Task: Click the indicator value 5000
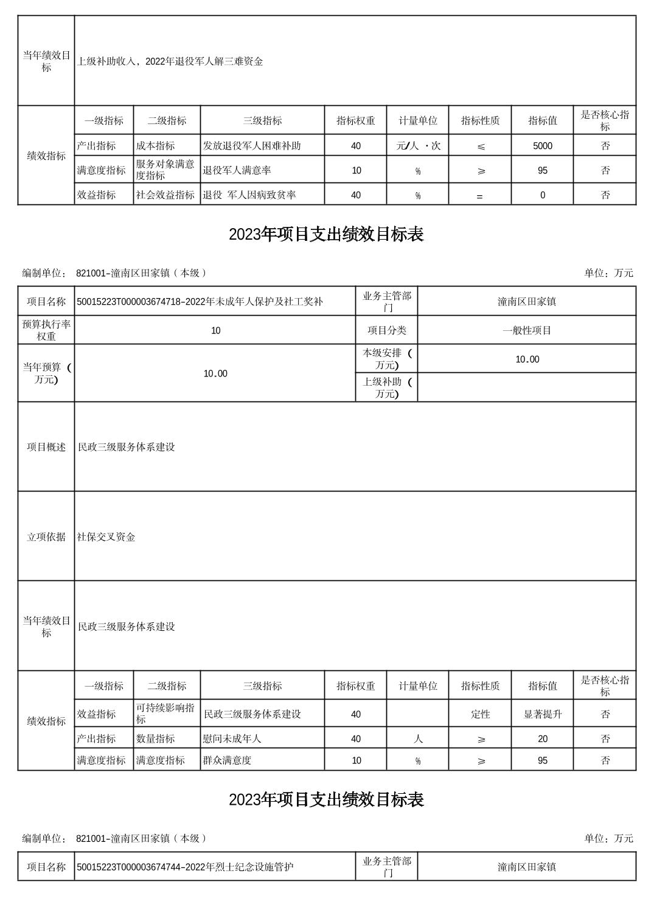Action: tap(542, 146)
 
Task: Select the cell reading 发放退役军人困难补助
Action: tap(252, 146)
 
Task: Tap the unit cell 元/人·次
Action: tap(418, 146)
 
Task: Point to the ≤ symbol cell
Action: tap(480, 146)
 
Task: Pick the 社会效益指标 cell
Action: tap(165, 195)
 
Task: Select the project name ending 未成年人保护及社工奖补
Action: tap(200, 301)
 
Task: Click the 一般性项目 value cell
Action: tap(526, 330)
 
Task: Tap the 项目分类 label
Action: tap(386, 330)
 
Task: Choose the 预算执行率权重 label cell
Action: tap(46, 330)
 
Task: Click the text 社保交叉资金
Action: tap(106, 537)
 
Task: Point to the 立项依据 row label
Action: tap(46, 537)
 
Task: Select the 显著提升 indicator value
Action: tap(542, 714)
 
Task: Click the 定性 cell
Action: tap(480, 714)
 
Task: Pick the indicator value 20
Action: tap(542, 738)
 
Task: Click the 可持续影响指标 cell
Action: tap(165, 714)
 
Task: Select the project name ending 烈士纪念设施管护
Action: tap(185, 866)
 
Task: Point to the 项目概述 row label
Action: tap(46, 446)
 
